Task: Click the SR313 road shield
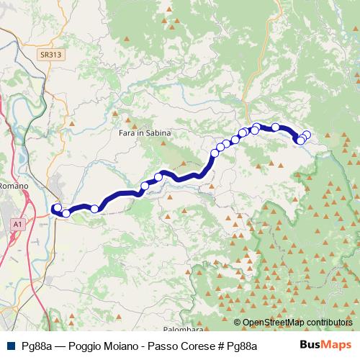tap(50, 54)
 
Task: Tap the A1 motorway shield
tap(17, 225)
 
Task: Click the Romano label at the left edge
tap(14, 186)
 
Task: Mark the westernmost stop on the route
tap(57, 209)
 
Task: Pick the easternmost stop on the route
tap(307, 135)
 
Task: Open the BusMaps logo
tap(325, 345)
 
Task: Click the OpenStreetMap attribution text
tap(274, 323)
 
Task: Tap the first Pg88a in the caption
tap(37, 346)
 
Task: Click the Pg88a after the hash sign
tap(242, 346)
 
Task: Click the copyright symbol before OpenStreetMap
tap(238, 323)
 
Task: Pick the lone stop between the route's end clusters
tap(94, 209)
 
